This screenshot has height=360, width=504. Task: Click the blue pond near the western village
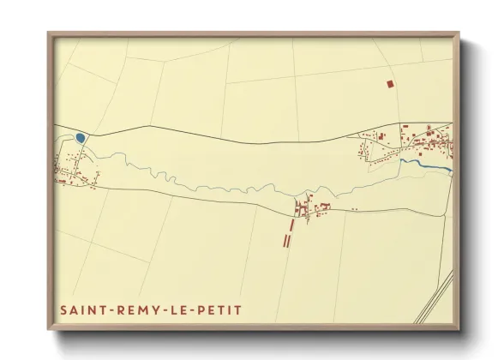[x=80, y=137]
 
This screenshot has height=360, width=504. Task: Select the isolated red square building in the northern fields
[x=389, y=84]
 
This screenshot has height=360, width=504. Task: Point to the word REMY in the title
[x=134, y=309]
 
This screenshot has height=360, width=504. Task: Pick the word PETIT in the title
[x=219, y=309]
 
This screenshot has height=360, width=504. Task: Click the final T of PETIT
[x=239, y=309]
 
